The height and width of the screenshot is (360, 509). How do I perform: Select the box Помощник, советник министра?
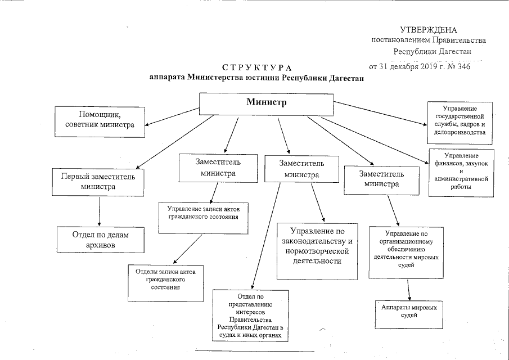click(100, 120)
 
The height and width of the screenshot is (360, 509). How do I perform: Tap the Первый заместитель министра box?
click(98, 181)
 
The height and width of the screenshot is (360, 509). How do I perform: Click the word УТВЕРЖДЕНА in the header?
click(429, 29)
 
